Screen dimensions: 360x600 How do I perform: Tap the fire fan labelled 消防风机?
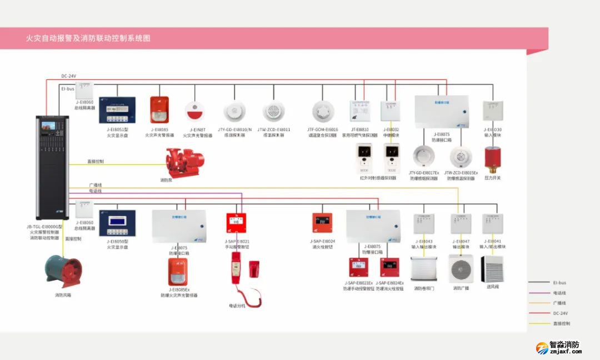(63, 271)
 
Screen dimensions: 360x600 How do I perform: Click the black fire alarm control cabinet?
(52, 167)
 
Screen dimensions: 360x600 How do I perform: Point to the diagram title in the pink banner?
(88, 38)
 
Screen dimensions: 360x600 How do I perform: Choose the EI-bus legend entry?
(561, 283)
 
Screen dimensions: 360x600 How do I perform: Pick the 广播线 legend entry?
(561, 303)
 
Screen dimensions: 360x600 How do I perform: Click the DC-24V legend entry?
(561, 313)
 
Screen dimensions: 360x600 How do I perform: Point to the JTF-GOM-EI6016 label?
(322, 129)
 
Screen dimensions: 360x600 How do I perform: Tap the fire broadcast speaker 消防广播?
(461, 268)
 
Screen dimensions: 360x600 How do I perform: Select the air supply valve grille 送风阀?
(492, 268)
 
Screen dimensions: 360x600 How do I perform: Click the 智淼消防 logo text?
(564, 344)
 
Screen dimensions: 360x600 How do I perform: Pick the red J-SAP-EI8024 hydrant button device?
(322, 223)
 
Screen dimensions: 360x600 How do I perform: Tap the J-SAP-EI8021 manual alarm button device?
(237, 223)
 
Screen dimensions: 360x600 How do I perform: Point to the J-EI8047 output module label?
(461, 242)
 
